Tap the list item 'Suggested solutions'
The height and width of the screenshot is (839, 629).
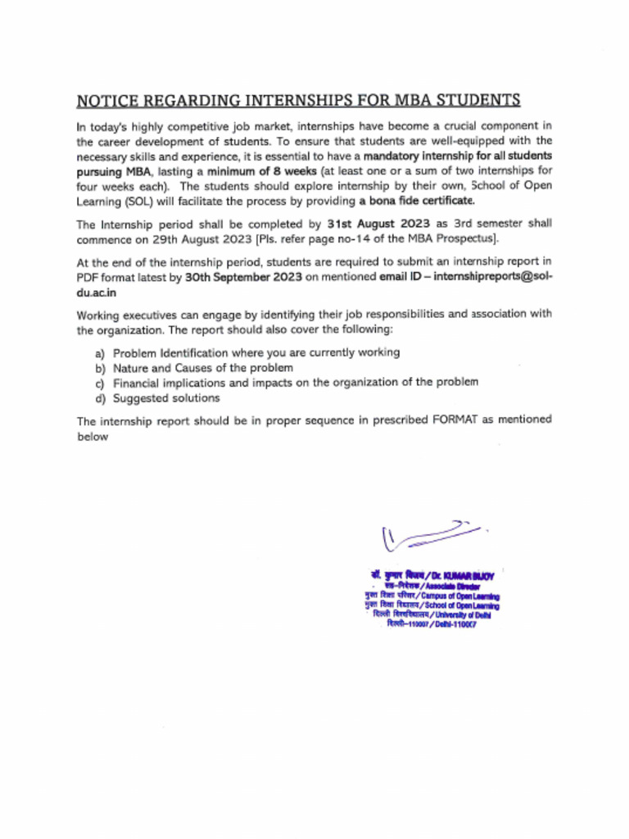[166, 398]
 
